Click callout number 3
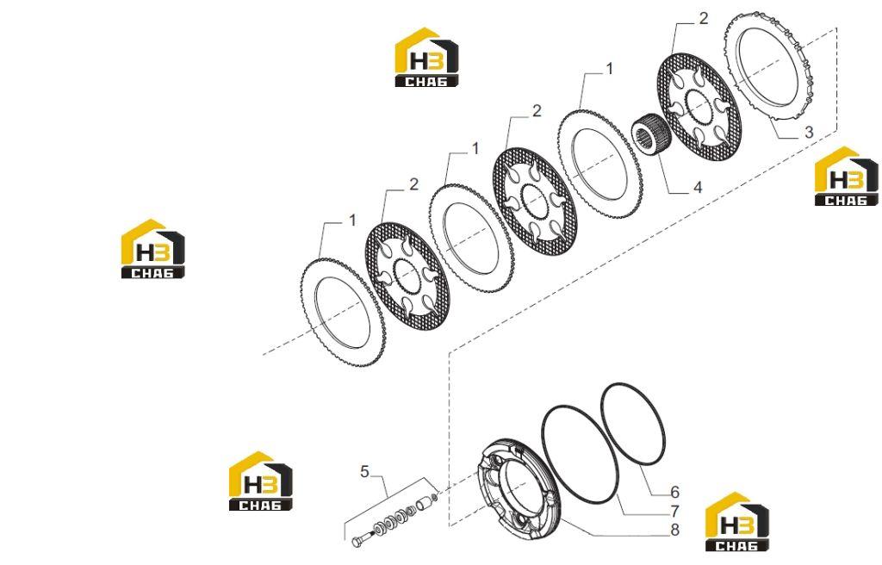point(808,133)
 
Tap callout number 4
point(698,187)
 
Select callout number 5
point(364,471)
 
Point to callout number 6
point(674,493)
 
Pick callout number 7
point(674,512)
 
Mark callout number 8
point(674,530)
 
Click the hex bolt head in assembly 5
point(358,542)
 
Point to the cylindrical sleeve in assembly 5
point(424,502)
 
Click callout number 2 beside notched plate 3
point(703,19)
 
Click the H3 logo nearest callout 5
point(260,481)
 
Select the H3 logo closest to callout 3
point(847,177)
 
